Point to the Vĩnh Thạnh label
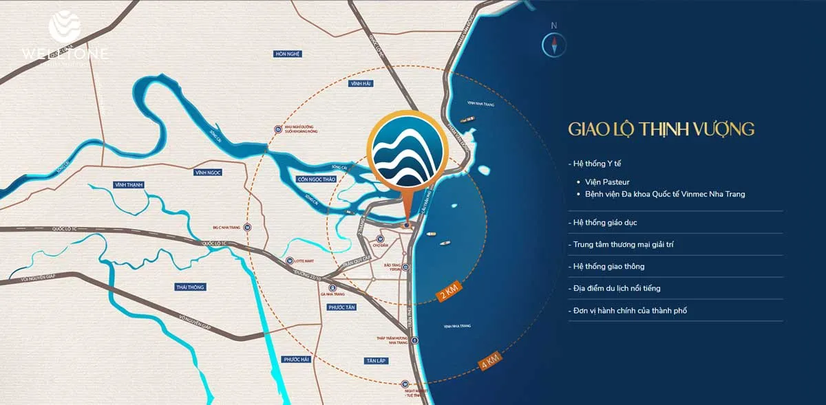click(x=128, y=184)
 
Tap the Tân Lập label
click(x=376, y=360)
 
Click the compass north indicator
click(x=553, y=43)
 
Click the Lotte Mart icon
click(x=290, y=260)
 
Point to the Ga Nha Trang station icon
click(x=332, y=288)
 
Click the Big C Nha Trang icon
click(x=247, y=227)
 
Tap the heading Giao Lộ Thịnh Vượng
click(x=661, y=129)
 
